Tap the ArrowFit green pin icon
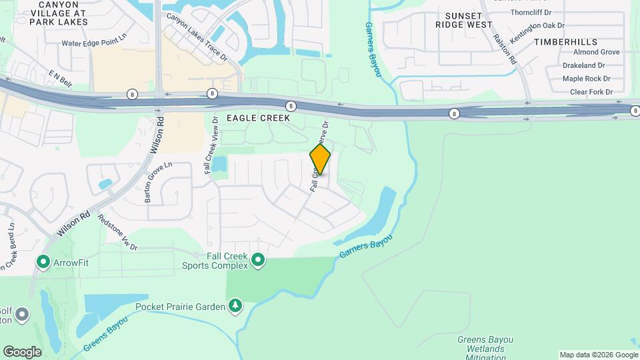click(44, 263)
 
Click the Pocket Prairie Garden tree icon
click(235, 307)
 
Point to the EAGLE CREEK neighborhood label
click(258, 118)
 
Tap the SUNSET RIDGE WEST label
click(464, 21)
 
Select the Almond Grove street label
click(577, 52)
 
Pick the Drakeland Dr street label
click(583, 65)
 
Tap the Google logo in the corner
click(22, 352)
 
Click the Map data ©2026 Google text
click(597, 355)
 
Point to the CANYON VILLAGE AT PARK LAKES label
click(63, 13)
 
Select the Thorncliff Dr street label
click(532, 12)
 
